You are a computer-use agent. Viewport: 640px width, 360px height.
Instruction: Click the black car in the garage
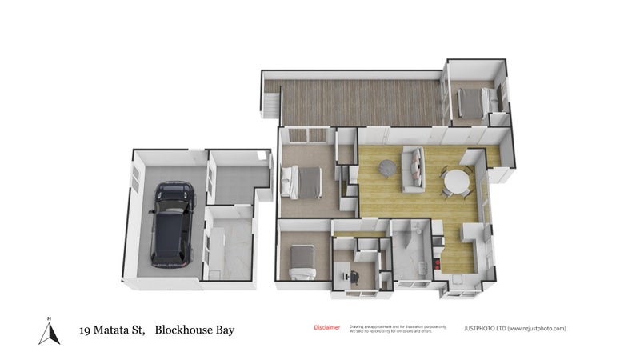[x=170, y=226]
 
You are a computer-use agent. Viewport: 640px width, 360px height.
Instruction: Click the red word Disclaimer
[x=326, y=327]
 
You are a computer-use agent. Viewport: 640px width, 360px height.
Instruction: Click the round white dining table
[x=458, y=182]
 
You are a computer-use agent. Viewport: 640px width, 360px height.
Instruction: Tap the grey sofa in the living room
[x=414, y=170]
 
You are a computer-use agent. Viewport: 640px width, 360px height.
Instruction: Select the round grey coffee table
[x=386, y=168]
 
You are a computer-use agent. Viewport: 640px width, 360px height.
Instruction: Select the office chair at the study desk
[x=353, y=274]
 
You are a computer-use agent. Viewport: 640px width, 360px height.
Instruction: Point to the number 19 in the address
[x=84, y=330]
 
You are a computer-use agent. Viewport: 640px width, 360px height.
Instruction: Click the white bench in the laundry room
[x=216, y=244]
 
